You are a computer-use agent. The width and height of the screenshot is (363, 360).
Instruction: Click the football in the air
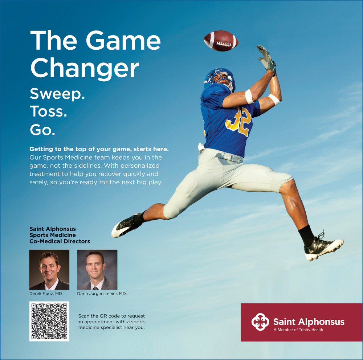coord(221,41)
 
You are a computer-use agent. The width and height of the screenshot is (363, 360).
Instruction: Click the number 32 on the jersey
coord(239,121)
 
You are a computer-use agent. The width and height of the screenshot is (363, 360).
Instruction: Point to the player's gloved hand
coord(267,58)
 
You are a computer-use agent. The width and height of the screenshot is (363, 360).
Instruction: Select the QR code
coord(49,321)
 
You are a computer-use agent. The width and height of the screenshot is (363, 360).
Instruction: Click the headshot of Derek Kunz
coord(49,270)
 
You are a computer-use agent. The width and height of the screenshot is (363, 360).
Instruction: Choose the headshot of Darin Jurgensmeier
coord(97,270)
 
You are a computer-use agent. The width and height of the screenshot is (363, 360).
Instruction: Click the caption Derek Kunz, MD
coord(46,294)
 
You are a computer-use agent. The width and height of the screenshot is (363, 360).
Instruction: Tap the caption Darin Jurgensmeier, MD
coord(101,294)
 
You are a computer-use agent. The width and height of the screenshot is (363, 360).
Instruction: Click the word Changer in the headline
coord(85,68)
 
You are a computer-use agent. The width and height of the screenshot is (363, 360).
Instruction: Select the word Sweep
coord(57,94)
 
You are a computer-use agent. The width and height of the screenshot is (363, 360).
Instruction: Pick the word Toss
coord(48,111)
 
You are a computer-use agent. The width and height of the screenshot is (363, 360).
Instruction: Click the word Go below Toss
coord(42,130)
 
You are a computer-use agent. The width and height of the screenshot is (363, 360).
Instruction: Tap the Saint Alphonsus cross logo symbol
coord(260,322)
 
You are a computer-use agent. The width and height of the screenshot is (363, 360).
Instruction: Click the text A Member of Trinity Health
coord(298,330)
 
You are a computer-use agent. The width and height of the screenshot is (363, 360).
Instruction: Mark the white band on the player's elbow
coord(249,97)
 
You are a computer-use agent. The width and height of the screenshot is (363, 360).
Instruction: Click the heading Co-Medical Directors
coord(60,241)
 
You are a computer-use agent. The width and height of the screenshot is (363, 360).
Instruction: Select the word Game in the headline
coord(123,40)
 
